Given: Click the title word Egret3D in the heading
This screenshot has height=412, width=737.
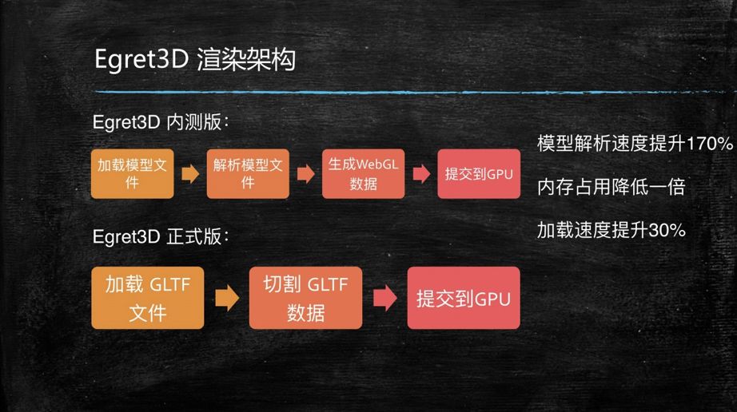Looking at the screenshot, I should click(x=140, y=61).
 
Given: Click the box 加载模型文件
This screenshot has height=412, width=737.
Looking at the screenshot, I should click(x=132, y=173).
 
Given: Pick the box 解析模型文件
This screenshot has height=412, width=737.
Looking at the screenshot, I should click(x=248, y=173).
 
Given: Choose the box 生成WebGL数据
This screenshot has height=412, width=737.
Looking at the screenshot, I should click(x=362, y=173).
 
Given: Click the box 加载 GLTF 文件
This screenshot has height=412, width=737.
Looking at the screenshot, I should click(x=148, y=297).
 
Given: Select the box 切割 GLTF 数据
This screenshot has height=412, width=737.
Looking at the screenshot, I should click(x=305, y=297).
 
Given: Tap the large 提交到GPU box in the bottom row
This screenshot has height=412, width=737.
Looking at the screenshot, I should click(x=464, y=298).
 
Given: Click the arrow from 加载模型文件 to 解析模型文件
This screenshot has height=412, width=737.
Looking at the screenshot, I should click(x=190, y=174).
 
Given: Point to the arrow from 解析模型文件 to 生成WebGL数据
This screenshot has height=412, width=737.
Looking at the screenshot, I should click(x=305, y=174).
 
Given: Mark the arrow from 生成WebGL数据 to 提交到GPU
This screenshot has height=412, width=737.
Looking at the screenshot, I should click(x=420, y=174).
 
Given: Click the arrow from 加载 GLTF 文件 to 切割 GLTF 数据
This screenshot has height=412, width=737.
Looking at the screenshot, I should click(x=227, y=299).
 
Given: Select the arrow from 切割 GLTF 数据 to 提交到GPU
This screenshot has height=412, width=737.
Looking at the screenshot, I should click(x=384, y=299).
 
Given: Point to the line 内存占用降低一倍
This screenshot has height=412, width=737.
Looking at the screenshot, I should click(x=611, y=188).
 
